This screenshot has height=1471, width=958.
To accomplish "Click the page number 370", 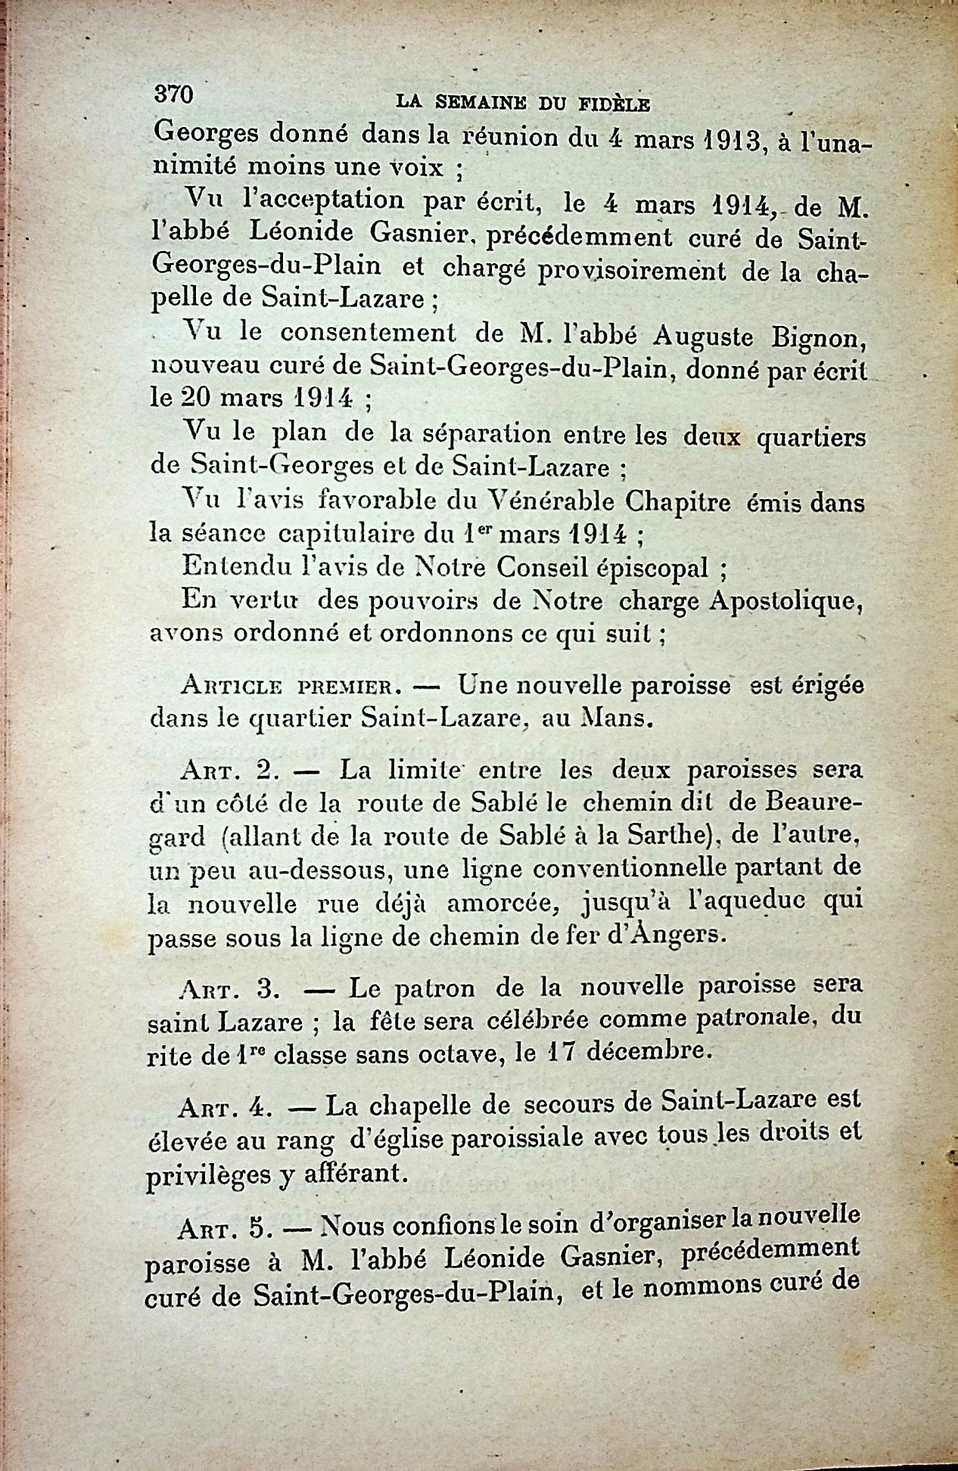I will [x=174, y=94].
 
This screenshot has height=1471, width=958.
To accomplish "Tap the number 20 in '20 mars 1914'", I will [x=199, y=398].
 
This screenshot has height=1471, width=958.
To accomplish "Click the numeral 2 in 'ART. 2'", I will [x=265, y=771].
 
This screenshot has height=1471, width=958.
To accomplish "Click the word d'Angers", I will [x=665, y=935].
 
